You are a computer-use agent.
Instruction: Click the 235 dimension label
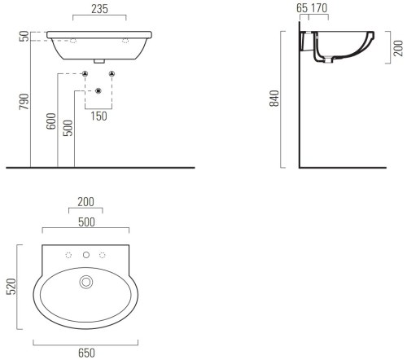(x=99, y=9)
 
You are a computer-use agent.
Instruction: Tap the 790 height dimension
(x=24, y=102)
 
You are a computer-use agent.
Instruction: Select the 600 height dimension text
(x=51, y=121)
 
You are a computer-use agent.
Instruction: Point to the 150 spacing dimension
(x=98, y=116)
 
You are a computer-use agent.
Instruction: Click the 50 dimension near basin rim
(x=24, y=36)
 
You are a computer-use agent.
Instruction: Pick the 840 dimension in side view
(x=274, y=99)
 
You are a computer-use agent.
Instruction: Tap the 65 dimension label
(x=302, y=8)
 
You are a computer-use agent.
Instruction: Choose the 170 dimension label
(x=319, y=8)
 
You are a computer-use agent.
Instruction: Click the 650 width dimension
(x=86, y=353)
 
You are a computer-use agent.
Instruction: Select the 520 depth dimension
(x=12, y=286)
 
